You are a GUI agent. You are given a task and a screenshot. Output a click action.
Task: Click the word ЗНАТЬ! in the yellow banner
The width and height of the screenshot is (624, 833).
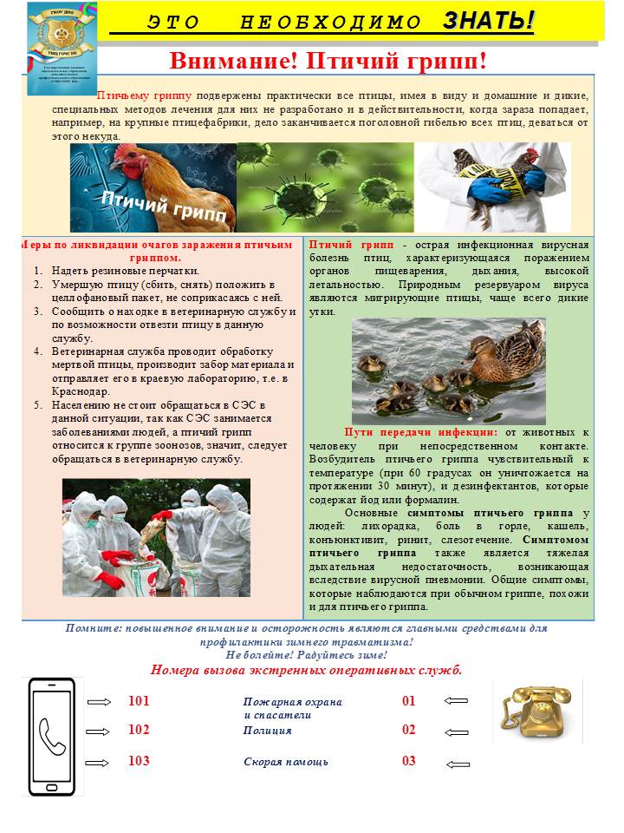pyautogui.click(x=488, y=21)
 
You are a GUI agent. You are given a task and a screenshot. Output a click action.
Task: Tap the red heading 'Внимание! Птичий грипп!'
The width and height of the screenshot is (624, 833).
pyautogui.click(x=328, y=61)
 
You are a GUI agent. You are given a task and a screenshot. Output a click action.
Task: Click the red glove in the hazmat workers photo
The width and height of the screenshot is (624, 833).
pyautogui.click(x=110, y=579)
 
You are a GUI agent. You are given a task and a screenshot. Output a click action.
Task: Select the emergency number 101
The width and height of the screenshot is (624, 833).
pyautogui.click(x=139, y=701)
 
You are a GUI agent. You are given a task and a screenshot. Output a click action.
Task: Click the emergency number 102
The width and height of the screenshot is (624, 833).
pyautogui.click(x=139, y=730)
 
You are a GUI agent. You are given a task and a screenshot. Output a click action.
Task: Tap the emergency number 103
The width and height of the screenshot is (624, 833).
pyautogui.click(x=139, y=761)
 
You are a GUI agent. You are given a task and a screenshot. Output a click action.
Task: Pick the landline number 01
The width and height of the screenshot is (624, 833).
pyautogui.click(x=409, y=701)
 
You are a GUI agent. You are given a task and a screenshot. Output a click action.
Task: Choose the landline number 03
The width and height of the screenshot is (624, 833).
pyautogui.click(x=409, y=761)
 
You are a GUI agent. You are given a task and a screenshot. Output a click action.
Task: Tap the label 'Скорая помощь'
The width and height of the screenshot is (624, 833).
pyautogui.click(x=286, y=762)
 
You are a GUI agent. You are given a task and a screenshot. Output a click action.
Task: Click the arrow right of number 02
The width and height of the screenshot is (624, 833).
pyautogui.click(x=456, y=731)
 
